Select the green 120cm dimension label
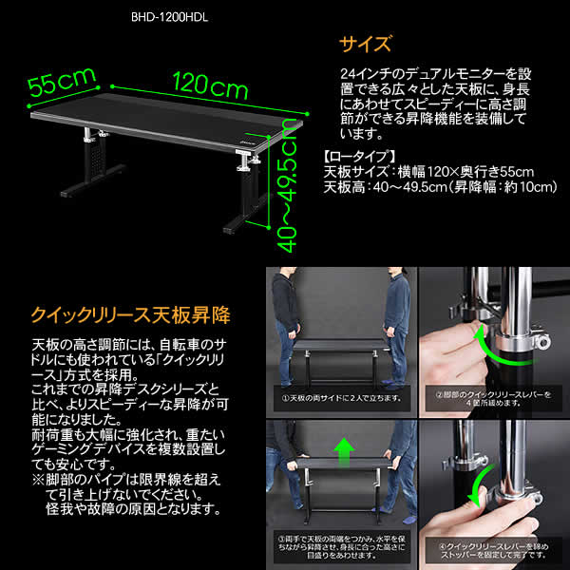[210, 88]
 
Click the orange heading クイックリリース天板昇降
[131, 311]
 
